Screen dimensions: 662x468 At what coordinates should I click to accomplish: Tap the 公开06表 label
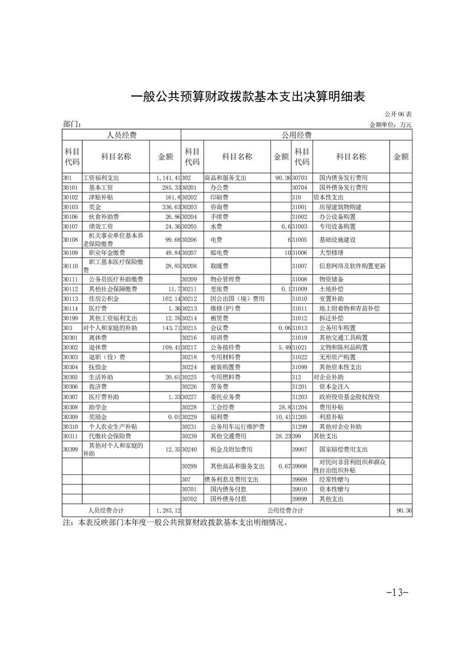(x=398, y=113)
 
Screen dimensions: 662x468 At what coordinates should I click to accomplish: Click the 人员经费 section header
(x=121, y=135)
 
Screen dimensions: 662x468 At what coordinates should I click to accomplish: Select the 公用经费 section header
(x=296, y=135)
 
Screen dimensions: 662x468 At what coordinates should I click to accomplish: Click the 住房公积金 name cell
(x=103, y=299)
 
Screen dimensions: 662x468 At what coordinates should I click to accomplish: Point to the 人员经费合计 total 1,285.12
(x=168, y=509)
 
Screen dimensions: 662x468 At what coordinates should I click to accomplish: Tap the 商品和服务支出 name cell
(x=225, y=178)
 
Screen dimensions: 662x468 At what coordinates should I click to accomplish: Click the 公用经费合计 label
(x=285, y=509)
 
